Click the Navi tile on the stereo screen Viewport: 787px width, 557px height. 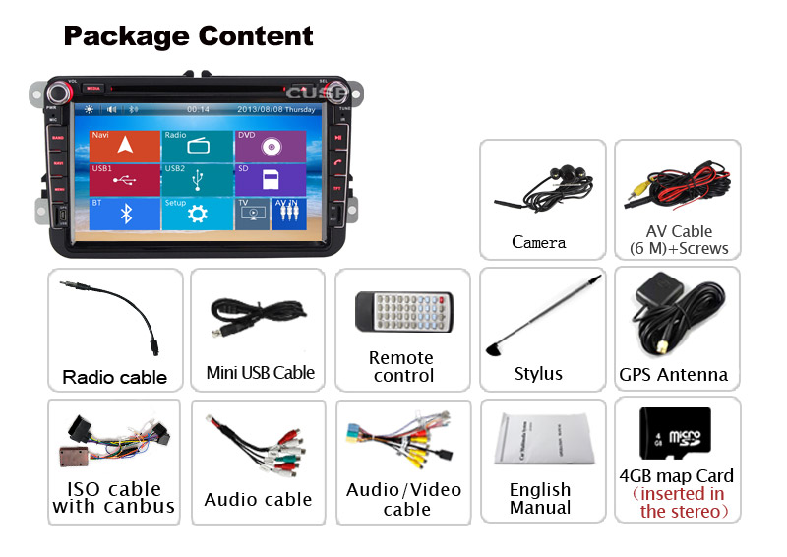(124, 146)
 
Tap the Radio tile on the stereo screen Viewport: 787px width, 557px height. (197, 146)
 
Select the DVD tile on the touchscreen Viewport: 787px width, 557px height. (269, 146)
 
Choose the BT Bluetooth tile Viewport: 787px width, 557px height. (124, 214)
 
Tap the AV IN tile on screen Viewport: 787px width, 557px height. (286, 214)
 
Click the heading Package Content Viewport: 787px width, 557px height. (188, 36)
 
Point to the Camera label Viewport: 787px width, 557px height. (539, 242)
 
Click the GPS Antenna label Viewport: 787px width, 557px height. (674, 375)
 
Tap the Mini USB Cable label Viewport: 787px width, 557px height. (261, 373)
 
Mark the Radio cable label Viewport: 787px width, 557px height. (115, 377)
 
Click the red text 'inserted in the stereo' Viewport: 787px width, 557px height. (679, 503)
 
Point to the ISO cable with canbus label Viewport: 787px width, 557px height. (114, 498)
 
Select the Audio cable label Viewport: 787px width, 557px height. (258, 500)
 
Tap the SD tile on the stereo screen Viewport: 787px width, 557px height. (269, 179)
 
